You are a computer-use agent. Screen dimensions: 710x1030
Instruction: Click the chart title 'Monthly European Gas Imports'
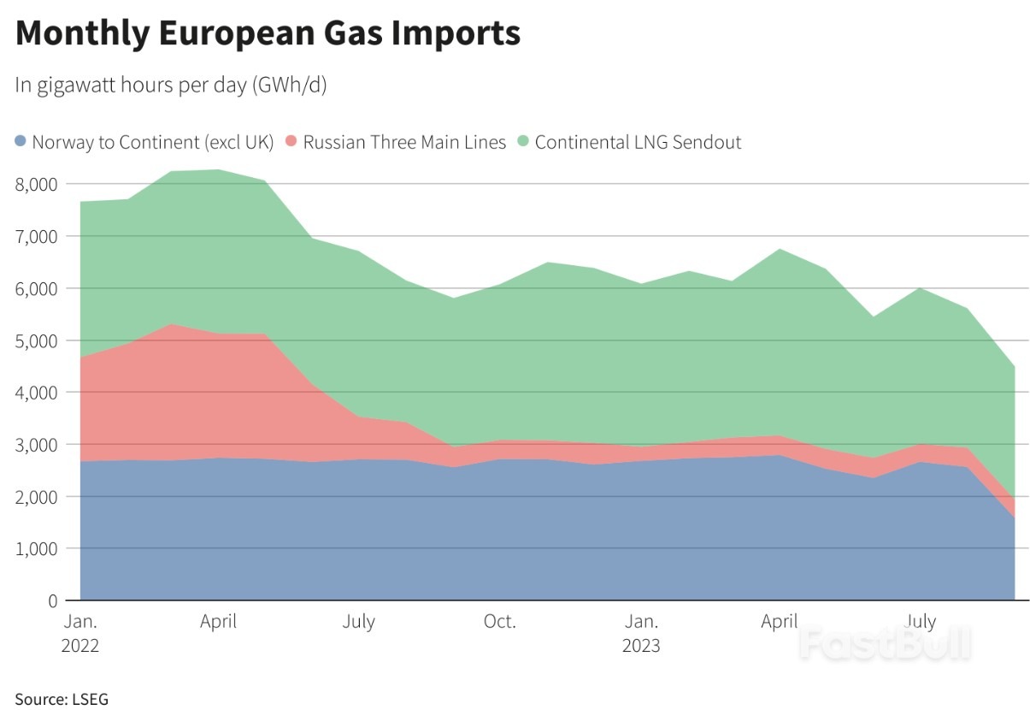pyautogui.click(x=268, y=33)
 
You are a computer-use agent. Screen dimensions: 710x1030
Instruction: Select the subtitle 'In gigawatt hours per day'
pyautogui.click(x=171, y=86)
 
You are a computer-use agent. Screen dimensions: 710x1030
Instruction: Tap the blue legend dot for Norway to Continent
pyautogui.click(x=21, y=141)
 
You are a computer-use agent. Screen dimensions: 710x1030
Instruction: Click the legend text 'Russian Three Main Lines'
pyautogui.click(x=404, y=141)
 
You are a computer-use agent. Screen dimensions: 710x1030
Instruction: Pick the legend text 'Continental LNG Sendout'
pyautogui.click(x=638, y=141)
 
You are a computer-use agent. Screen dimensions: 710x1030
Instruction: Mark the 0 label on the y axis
pyautogui.click(x=51, y=601)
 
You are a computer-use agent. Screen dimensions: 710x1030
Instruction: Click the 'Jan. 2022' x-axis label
pyautogui.click(x=80, y=633)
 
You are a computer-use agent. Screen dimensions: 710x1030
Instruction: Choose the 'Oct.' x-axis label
pyautogui.click(x=500, y=621)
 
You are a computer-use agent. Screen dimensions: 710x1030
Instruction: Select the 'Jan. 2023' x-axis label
pyautogui.click(x=641, y=633)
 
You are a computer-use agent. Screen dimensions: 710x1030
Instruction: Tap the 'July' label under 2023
pyautogui.click(x=921, y=621)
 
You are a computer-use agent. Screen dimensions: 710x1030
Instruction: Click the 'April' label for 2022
pyautogui.click(x=219, y=621)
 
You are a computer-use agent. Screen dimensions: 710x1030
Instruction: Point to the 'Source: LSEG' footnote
pyautogui.click(x=62, y=699)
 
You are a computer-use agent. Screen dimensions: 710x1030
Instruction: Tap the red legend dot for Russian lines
pyautogui.click(x=292, y=141)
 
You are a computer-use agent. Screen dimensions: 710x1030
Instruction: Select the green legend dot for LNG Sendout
pyautogui.click(x=524, y=141)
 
